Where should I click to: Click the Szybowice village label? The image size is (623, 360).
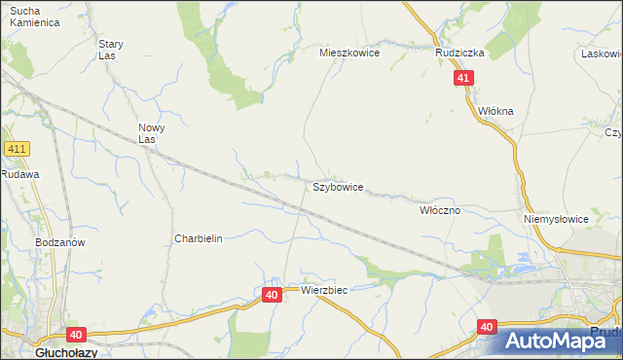[338, 187]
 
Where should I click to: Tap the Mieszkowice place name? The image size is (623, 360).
[349, 54]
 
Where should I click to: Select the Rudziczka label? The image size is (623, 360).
[459, 54]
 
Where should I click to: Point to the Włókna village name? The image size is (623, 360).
[495, 111]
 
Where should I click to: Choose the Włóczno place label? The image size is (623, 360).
[439, 209]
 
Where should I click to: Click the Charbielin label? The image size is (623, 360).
[199, 238]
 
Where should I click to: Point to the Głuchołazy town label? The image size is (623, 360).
[36, 353]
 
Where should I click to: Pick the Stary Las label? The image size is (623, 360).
[111, 50]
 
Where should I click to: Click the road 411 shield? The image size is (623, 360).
[17, 149]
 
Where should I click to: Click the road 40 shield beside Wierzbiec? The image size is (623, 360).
[272, 294]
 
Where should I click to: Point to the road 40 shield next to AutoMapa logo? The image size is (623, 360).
[488, 328]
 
